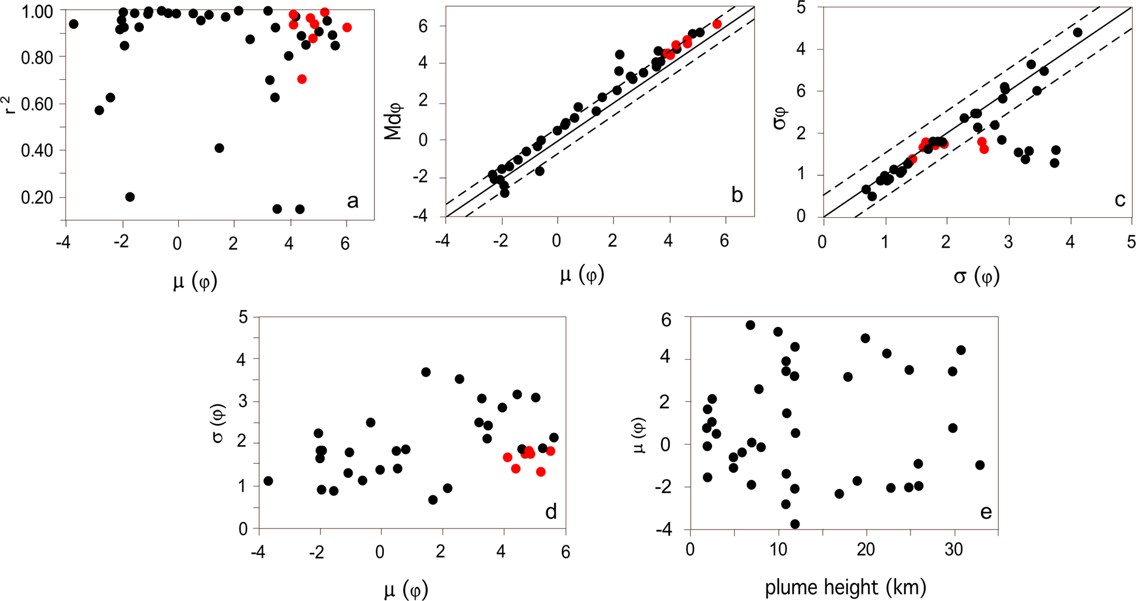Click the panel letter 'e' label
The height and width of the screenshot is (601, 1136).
[985, 512]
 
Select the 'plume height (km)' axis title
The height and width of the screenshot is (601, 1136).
[845, 587]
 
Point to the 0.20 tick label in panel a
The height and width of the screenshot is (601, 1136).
[37, 197]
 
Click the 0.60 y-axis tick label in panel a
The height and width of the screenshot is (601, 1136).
[37, 104]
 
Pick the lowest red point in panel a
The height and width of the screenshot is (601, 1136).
[302, 79]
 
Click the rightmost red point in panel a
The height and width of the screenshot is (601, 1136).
[347, 28]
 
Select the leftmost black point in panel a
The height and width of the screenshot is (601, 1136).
[74, 24]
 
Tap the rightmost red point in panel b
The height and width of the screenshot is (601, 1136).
[717, 24]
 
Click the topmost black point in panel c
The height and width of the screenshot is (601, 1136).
[1077, 32]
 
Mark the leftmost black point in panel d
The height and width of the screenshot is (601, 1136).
[268, 481]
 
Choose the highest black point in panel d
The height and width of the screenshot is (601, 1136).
[426, 372]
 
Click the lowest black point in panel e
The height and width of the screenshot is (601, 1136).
[795, 524]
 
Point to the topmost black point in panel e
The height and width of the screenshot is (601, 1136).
[750, 325]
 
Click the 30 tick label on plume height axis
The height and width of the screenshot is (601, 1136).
[954, 550]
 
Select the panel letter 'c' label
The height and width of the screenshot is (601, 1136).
[1119, 200]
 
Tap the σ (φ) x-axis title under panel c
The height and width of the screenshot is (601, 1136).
[976, 277]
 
